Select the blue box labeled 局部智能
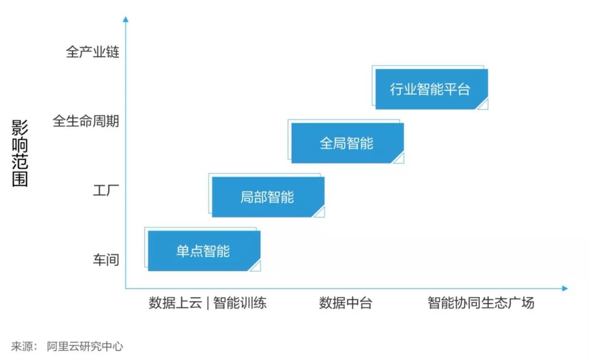(x=268, y=197)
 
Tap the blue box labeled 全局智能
(x=347, y=143)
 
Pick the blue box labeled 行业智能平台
(x=431, y=89)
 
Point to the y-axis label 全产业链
(x=92, y=52)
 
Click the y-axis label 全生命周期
(x=86, y=121)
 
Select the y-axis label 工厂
(x=106, y=191)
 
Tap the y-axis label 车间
(x=106, y=260)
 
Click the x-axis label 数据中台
(x=345, y=303)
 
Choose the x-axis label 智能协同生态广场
(x=481, y=303)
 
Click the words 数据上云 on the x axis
(x=175, y=303)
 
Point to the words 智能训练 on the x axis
(x=240, y=303)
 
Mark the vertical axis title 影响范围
(x=20, y=154)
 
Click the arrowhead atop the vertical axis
(x=126, y=20)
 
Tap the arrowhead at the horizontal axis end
(x=565, y=289)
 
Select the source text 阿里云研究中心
(x=85, y=346)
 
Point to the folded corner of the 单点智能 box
(x=255, y=266)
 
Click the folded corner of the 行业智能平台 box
(x=483, y=104)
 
